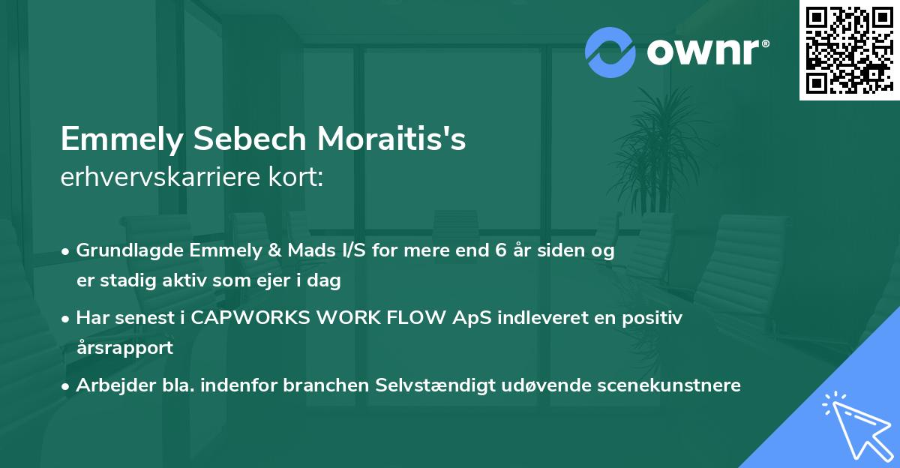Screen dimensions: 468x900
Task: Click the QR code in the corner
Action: [849, 49]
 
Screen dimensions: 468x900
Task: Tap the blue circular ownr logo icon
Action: [610, 52]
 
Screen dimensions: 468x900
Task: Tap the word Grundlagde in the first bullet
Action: [122, 250]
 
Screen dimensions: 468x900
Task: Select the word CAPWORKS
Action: [247, 318]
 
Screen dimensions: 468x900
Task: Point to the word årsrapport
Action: [124, 347]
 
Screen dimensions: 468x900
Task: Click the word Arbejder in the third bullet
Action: [110, 385]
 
